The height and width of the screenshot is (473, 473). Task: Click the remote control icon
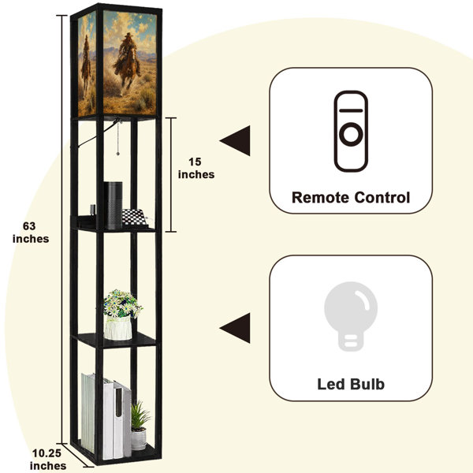click(351, 131)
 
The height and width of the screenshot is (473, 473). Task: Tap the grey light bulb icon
click(351, 316)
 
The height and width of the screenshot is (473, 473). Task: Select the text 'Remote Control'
click(351, 198)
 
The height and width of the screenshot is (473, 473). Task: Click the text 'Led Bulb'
click(351, 385)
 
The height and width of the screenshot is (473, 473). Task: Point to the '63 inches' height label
click(31, 233)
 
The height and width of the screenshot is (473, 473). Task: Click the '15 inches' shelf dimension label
click(196, 168)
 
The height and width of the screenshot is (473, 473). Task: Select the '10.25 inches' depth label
click(47, 460)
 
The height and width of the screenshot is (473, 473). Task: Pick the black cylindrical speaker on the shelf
click(114, 205)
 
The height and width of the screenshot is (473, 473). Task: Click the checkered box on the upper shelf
click(134, 218)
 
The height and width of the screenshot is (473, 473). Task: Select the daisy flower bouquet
click(122, 304)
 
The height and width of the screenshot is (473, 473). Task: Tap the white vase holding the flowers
click(118, 328)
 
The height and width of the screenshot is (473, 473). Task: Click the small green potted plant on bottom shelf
click(140, 425)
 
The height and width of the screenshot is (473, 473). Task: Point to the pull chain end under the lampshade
click(118, 154)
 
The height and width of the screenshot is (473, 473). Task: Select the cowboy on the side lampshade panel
click(86, 65)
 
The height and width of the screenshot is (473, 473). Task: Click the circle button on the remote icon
click(351, 134)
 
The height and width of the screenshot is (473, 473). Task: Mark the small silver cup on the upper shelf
click(92, 210)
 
